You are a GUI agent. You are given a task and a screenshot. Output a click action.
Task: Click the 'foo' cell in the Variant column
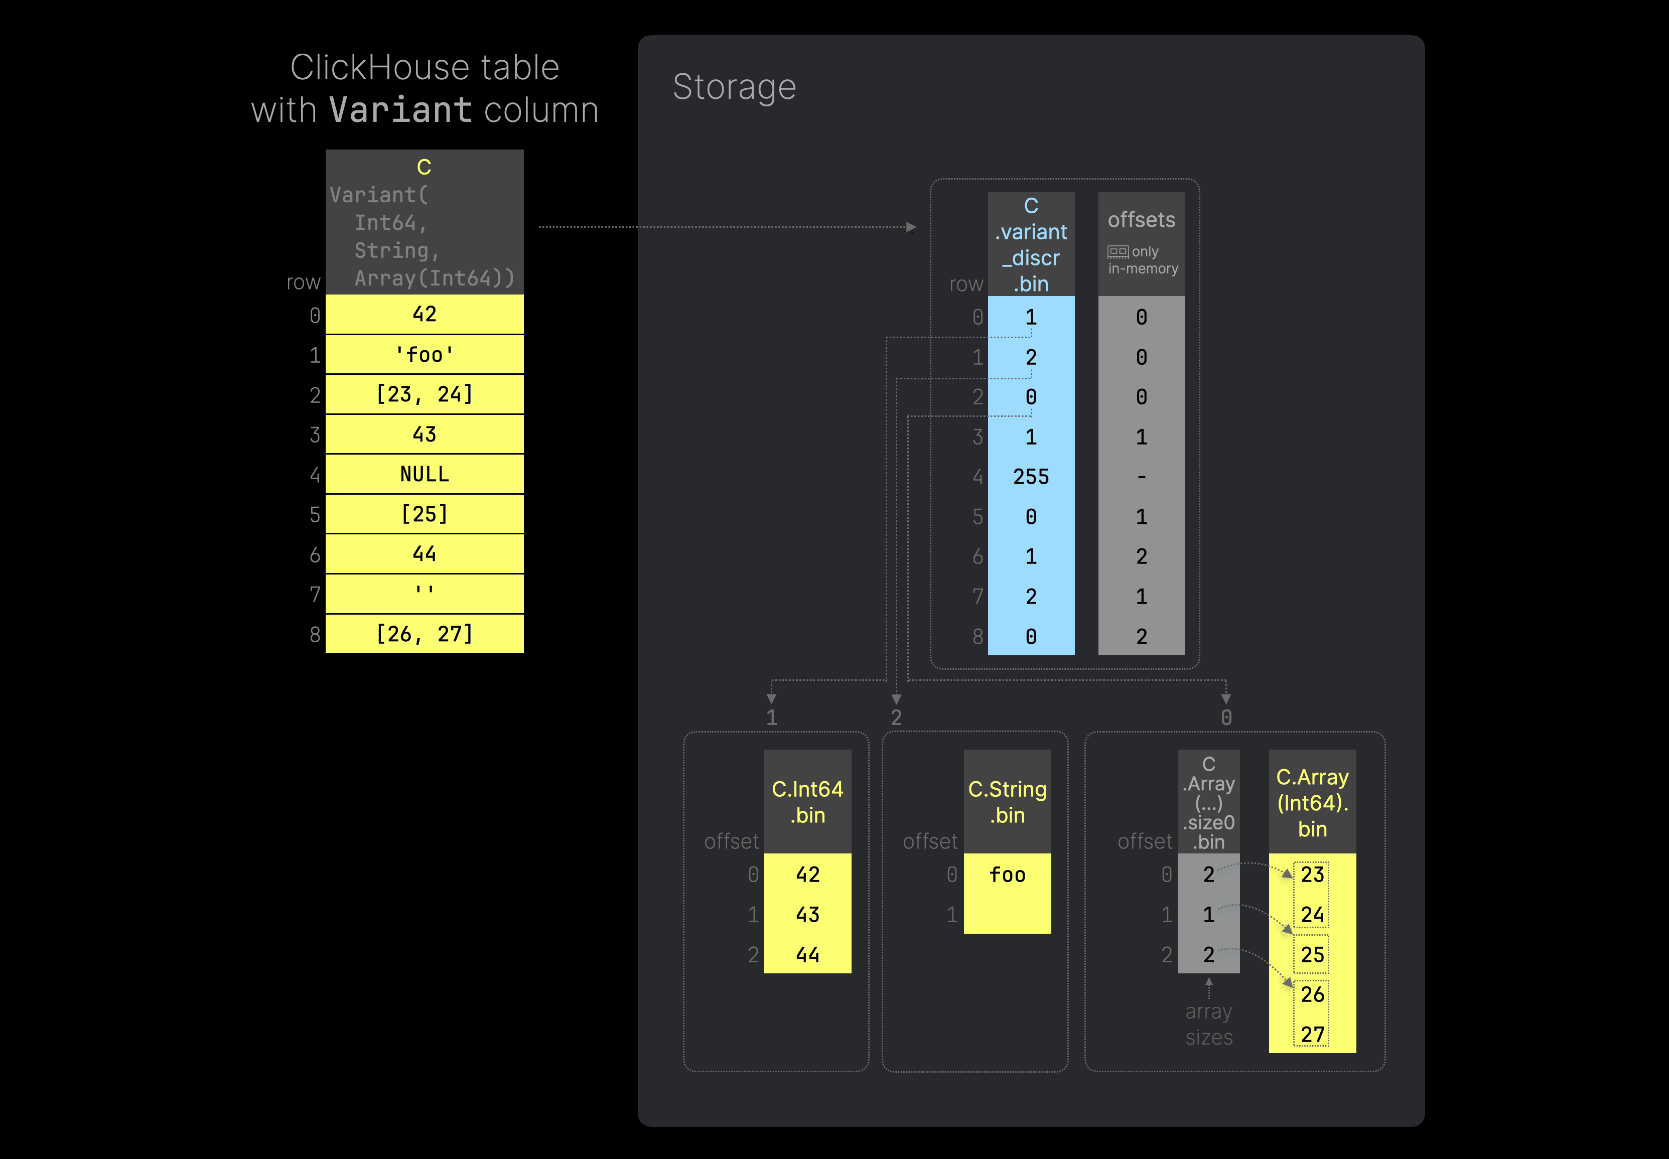[x=424, y=354]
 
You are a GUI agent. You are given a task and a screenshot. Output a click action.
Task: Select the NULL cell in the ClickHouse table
[x=424, y=474]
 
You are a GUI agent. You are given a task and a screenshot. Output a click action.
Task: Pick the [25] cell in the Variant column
[x=424, y=514]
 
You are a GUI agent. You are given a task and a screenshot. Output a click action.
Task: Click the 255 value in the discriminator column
[x=1031, y=477]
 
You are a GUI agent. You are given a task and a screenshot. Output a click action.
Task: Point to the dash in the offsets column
[x=1141, y=477]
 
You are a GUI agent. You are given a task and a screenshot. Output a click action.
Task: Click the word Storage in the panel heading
[x=734, y=87]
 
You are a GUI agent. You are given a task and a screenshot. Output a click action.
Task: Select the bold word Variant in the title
[x=400, y=110]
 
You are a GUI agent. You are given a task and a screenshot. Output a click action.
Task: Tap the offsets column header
[x=1141, y=220]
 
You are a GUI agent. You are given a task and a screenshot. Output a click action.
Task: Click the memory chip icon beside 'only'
[x=1118, y=252]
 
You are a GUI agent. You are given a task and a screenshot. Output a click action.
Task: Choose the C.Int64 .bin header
[x=807, y=802]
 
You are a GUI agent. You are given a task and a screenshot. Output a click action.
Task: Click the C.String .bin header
[x=1007, y=802]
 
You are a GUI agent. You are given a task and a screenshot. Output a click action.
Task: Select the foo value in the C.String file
[x=1007, y=875]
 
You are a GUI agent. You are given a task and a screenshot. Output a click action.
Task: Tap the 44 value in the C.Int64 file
[x=807, y=954]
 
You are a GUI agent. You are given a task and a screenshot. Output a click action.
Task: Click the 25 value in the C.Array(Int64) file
[x=1312, y=954]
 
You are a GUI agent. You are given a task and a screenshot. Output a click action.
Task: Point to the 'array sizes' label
[x=1208, y=1024]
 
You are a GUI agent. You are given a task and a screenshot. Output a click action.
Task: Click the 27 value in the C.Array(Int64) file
[x=1312, y=1034]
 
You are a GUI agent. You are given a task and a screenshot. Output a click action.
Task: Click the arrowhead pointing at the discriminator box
[x=911, y=227]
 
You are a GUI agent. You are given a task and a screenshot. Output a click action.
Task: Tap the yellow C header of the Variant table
[x=424, y=167]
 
